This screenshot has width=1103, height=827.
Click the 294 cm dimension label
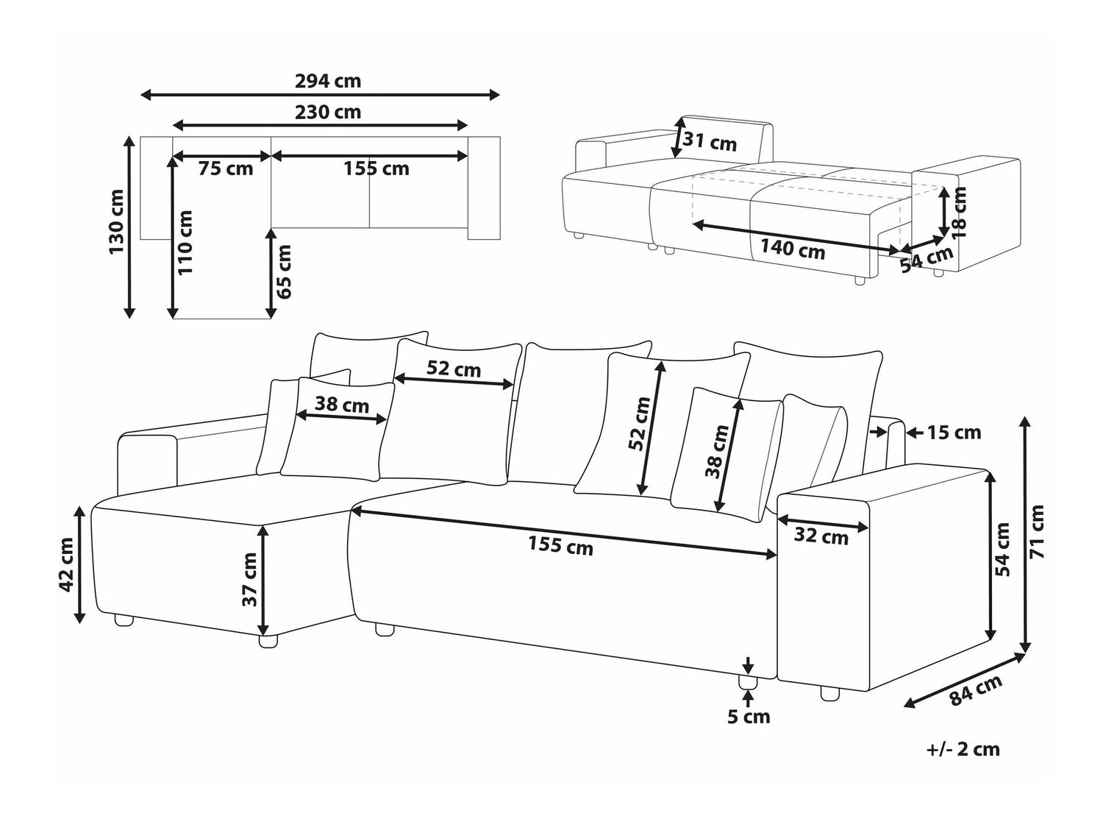tap(328, 81)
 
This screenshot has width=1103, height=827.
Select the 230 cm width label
tap(328, 113)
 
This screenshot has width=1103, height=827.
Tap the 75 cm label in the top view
tap(226, 168)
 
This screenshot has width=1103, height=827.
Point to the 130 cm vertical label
tap(116, 222)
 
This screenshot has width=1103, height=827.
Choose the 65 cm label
tap(285, 271)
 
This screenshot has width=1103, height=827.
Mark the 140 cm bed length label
tap(792, 249)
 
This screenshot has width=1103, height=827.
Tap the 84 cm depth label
tap(976, 690)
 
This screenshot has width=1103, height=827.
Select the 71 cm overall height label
tap(1037, 531)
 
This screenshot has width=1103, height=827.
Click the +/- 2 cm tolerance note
tap(963, 749)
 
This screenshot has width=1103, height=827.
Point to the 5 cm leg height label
tap(749, 716)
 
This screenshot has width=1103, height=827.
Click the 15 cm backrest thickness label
tap(953, 433)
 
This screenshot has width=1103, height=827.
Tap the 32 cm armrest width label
tap(821, 538)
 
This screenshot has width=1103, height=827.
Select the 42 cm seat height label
tap(67, 564)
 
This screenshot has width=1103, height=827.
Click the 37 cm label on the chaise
tap(250, 579)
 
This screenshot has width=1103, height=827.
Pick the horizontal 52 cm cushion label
tap(454, 369)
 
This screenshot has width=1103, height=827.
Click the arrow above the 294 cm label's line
tap(320, 94)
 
